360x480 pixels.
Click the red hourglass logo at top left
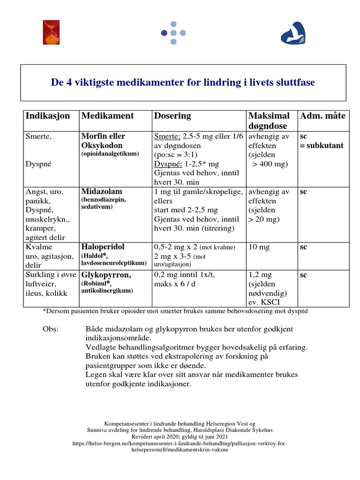51,32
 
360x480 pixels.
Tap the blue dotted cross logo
173,33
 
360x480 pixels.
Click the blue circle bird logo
292,33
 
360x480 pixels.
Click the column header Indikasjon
48,116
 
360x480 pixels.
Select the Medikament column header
107,116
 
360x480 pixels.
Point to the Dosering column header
172,116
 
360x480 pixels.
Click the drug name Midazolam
102,192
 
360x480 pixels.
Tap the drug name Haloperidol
103,247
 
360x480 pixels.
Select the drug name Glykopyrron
105,275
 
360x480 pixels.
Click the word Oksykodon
103,145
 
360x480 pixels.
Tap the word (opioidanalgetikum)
110,154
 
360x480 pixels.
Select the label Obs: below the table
51,329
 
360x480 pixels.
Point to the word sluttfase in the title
295,82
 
